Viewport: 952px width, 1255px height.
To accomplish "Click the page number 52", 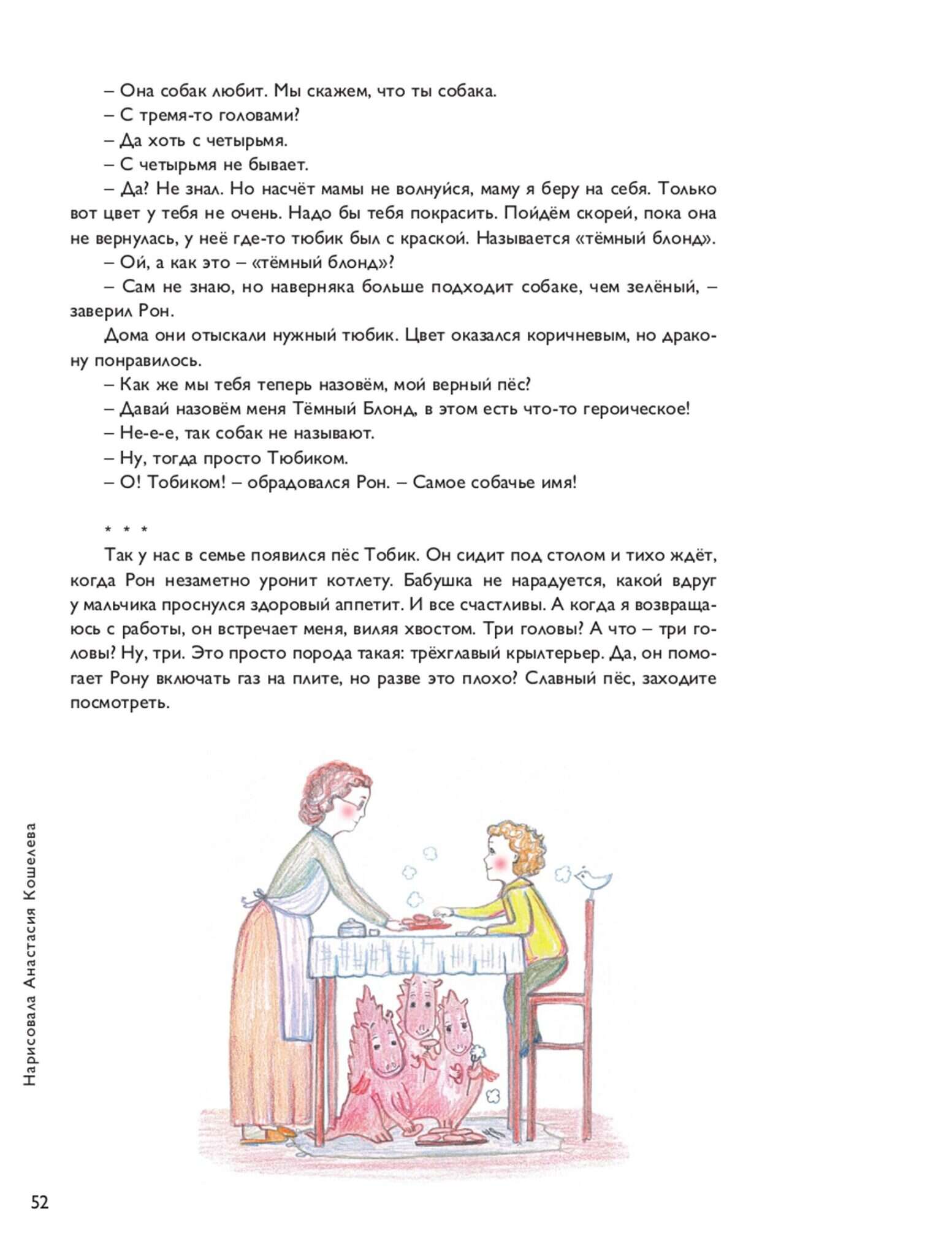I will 40,1202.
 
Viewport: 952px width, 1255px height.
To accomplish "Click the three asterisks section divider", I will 126,529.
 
